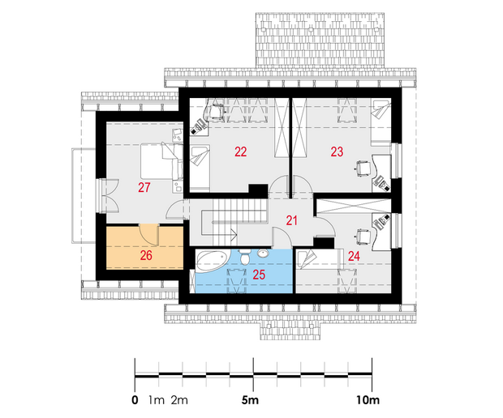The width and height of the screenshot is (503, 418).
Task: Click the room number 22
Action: [241, 151]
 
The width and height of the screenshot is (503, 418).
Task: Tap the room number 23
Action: [337, 151]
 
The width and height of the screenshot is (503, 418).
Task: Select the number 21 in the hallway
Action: [291, 220]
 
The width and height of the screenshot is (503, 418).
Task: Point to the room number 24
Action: [354, 256]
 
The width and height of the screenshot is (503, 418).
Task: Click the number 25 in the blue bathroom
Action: [259, 275]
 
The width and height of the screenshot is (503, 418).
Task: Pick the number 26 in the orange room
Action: [146, 256]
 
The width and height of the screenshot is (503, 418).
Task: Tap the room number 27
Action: [144, 187]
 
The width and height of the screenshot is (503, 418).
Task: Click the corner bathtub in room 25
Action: [212, 261]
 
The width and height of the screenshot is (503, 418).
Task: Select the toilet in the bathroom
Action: [245, 257]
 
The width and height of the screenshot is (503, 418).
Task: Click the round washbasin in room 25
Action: [264, 254]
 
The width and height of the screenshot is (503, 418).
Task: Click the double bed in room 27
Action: [161, 161]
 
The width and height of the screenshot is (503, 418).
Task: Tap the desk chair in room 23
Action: [363, 168]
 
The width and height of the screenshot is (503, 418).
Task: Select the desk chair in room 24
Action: [363, 237]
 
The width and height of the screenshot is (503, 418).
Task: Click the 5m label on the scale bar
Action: [250, 400]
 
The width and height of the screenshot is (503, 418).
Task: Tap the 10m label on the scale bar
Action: [368, 400]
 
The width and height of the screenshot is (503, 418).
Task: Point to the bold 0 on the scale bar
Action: [135, 400]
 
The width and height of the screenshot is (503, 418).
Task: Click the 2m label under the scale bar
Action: [179, 400]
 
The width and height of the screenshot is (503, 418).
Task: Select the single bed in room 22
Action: [200, 168]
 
